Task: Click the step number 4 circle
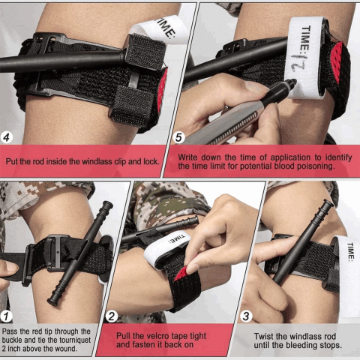coord(7,137)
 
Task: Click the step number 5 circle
coord(179,137)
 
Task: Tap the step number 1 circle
coord(6,316)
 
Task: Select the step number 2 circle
coord(112,316)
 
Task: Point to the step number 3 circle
coord(246,316)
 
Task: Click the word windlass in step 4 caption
coord(97,161)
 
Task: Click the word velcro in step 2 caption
coord(157,336)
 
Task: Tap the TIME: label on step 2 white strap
coord(177,239)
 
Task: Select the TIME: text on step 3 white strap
coord(351,252)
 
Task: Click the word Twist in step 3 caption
coord(263,337)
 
